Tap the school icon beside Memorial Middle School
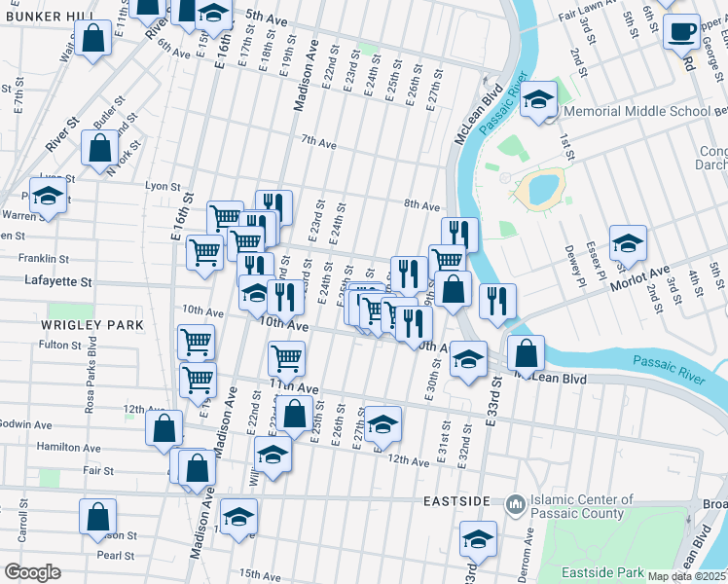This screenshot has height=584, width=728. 537,99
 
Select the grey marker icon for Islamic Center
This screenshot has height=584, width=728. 514,505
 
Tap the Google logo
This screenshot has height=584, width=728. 31,572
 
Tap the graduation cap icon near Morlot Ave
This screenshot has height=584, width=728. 628,242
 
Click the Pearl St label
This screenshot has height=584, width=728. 116,555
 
